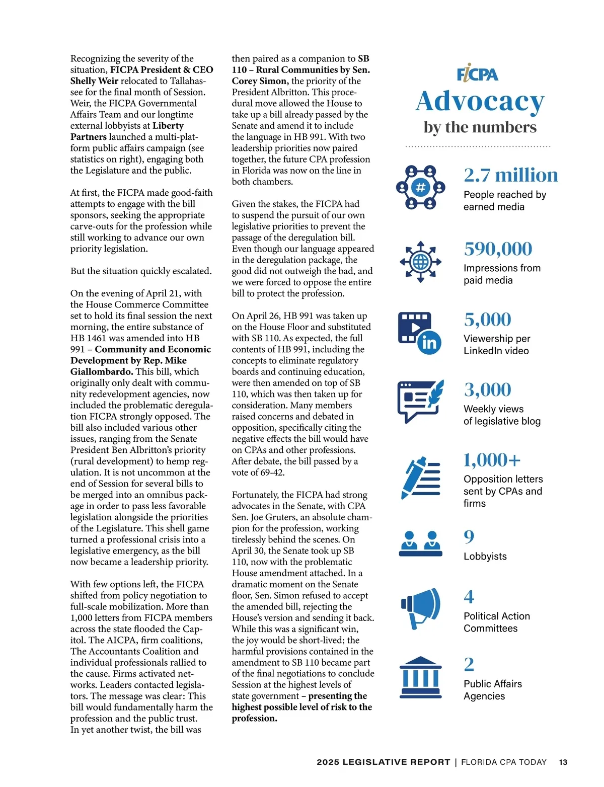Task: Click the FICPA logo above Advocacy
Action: coord(477,74)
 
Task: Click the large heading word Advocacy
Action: coord(480,101)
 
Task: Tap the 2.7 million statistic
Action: coord(510,175)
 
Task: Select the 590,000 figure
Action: coord(498,249)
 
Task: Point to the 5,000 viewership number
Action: coord(487,319)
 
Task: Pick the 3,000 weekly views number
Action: coord(487,389)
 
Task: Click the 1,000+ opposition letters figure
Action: coord(492,460)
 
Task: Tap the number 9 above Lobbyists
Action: coord(469,536)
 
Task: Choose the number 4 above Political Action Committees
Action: coord(469,597)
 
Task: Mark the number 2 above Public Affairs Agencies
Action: coord(469,664)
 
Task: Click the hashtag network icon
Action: coord(420,188)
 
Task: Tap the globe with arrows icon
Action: coord(420,262)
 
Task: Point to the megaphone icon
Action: coord(420,607)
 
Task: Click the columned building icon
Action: coord(420,677)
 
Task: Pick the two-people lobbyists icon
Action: coord(420,543)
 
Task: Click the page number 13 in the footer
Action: coord(563,762)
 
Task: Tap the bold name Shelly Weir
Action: coord(94,81)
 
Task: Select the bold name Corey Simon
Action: coord(260,81)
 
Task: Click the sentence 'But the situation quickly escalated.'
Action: coord(141,271)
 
